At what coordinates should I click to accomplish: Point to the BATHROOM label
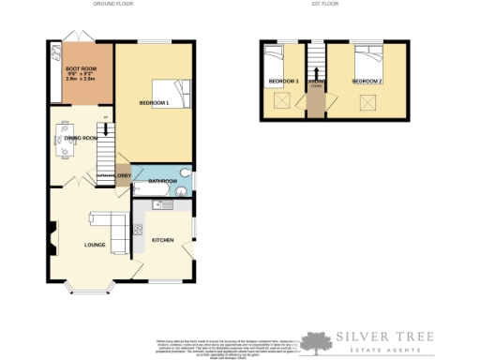coord(164,181)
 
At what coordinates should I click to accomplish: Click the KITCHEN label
coord(162,241)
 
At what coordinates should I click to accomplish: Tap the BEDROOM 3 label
coord(283,82)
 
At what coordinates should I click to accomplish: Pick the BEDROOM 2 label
coord(367,82)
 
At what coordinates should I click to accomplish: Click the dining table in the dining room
coord(65,142)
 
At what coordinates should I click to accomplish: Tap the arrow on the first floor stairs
coord(316,72)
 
